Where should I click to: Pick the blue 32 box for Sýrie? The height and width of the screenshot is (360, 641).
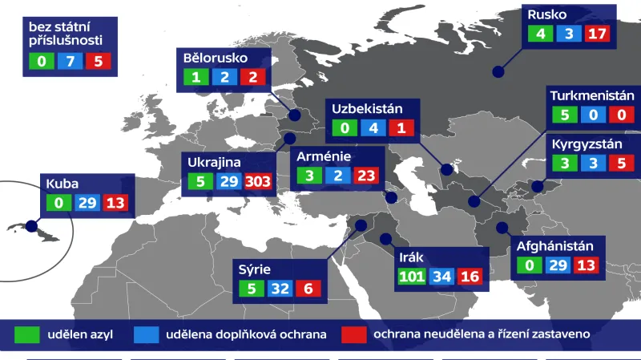280,289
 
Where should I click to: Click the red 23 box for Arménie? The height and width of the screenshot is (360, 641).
365,176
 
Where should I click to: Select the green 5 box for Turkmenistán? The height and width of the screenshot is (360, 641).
564,115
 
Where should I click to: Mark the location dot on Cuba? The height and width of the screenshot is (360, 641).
31,225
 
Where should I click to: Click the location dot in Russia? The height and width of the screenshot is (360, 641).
498,72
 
